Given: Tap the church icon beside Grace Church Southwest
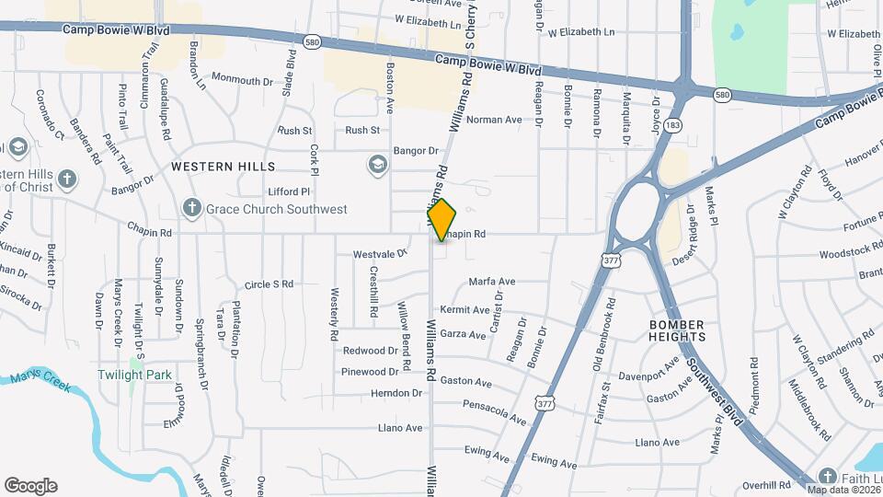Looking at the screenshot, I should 191,209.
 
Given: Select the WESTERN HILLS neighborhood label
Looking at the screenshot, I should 223,167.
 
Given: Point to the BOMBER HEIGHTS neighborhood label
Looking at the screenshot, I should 677,331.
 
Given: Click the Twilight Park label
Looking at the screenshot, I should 123,376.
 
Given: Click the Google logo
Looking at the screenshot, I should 31,486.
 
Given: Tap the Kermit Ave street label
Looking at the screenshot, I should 465,310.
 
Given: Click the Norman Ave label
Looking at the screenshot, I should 494,120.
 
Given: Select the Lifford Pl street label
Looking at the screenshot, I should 290,191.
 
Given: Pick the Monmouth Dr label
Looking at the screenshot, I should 243,80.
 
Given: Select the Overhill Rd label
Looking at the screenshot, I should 767,485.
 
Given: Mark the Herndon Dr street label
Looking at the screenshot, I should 396,393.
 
